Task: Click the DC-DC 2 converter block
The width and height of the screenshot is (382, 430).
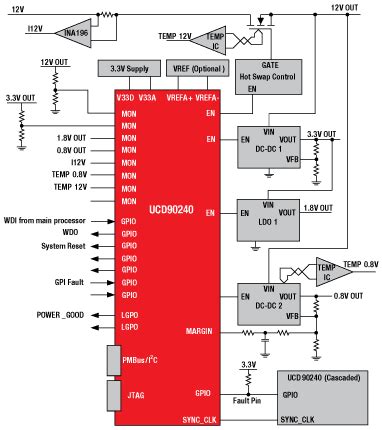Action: (268, 300)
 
